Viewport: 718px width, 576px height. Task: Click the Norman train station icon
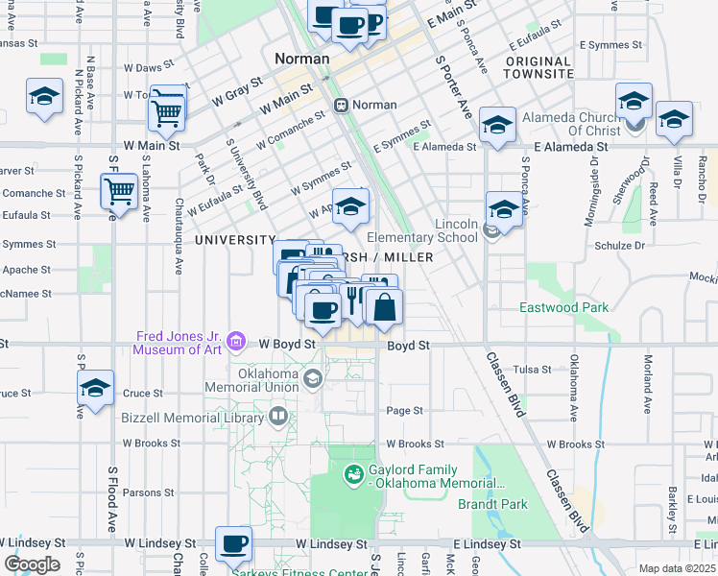pos(340,104)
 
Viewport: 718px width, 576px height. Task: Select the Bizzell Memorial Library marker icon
pos(278,416)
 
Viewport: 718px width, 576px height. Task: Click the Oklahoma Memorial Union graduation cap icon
pos(313,380)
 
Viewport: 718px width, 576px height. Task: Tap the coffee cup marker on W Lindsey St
pos(233,543)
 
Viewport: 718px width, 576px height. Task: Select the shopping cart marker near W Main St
pos(167,110)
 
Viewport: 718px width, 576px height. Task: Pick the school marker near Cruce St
pos(95,388)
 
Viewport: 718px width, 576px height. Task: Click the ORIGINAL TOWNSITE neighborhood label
pos(538,67)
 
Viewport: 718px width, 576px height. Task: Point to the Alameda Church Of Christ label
pos(571,124)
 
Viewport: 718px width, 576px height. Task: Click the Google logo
pos(31,564)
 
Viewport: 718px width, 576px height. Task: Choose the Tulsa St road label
pos(532,369)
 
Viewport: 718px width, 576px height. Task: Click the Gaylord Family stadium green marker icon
pos(352,473)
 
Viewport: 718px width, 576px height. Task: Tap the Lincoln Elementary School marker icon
pos(492,229)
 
